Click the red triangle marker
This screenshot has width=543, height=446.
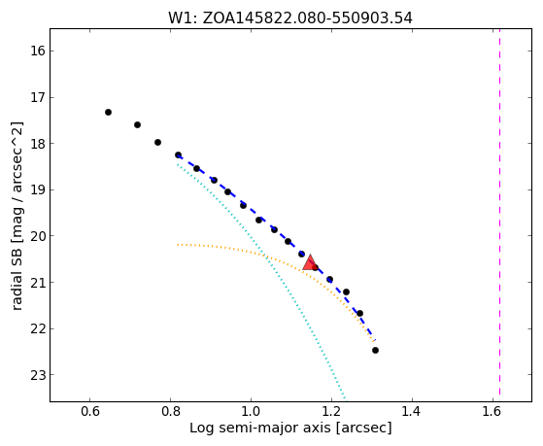(310, 263)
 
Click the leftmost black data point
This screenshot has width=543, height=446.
(108, 113)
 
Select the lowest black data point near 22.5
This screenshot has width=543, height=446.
(375, 351)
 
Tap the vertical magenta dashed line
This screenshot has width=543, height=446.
(499, 212)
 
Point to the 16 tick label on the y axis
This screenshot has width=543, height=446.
(38, 51)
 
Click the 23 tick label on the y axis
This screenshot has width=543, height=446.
(38, 375)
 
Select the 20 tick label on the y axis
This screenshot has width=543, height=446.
(38, 236)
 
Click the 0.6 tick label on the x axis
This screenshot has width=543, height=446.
(90, 412)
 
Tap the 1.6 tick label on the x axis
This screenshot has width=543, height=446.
(492, 412)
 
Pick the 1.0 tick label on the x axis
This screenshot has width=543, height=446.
(251, 412)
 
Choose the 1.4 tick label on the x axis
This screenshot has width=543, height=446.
(412, 412)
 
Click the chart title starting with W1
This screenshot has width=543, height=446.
(290, 18)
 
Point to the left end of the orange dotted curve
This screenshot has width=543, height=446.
(178, 245)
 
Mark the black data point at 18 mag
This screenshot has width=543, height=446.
(157, 143)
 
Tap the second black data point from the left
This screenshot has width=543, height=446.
(137, 124)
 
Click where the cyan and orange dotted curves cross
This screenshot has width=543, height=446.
(264, 257)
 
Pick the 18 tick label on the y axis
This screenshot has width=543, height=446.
(38, 144)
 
